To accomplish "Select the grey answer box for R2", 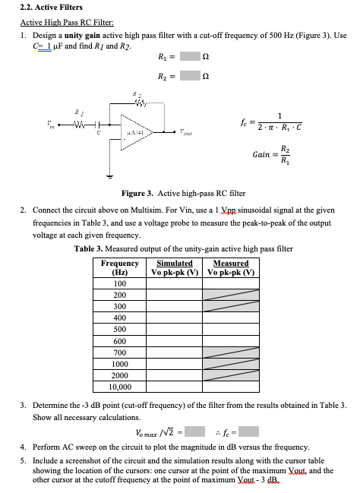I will point(190,74).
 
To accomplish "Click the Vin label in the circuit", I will point(31,125).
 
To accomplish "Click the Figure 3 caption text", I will point(179,194).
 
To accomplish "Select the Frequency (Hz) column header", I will point(119,267).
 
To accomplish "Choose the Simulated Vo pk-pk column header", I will point(175,267).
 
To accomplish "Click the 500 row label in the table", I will point(119,329).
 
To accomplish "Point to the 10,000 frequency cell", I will point(119,387).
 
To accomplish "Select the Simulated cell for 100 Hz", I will point(175,283).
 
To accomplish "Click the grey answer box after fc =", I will point(248,432).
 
